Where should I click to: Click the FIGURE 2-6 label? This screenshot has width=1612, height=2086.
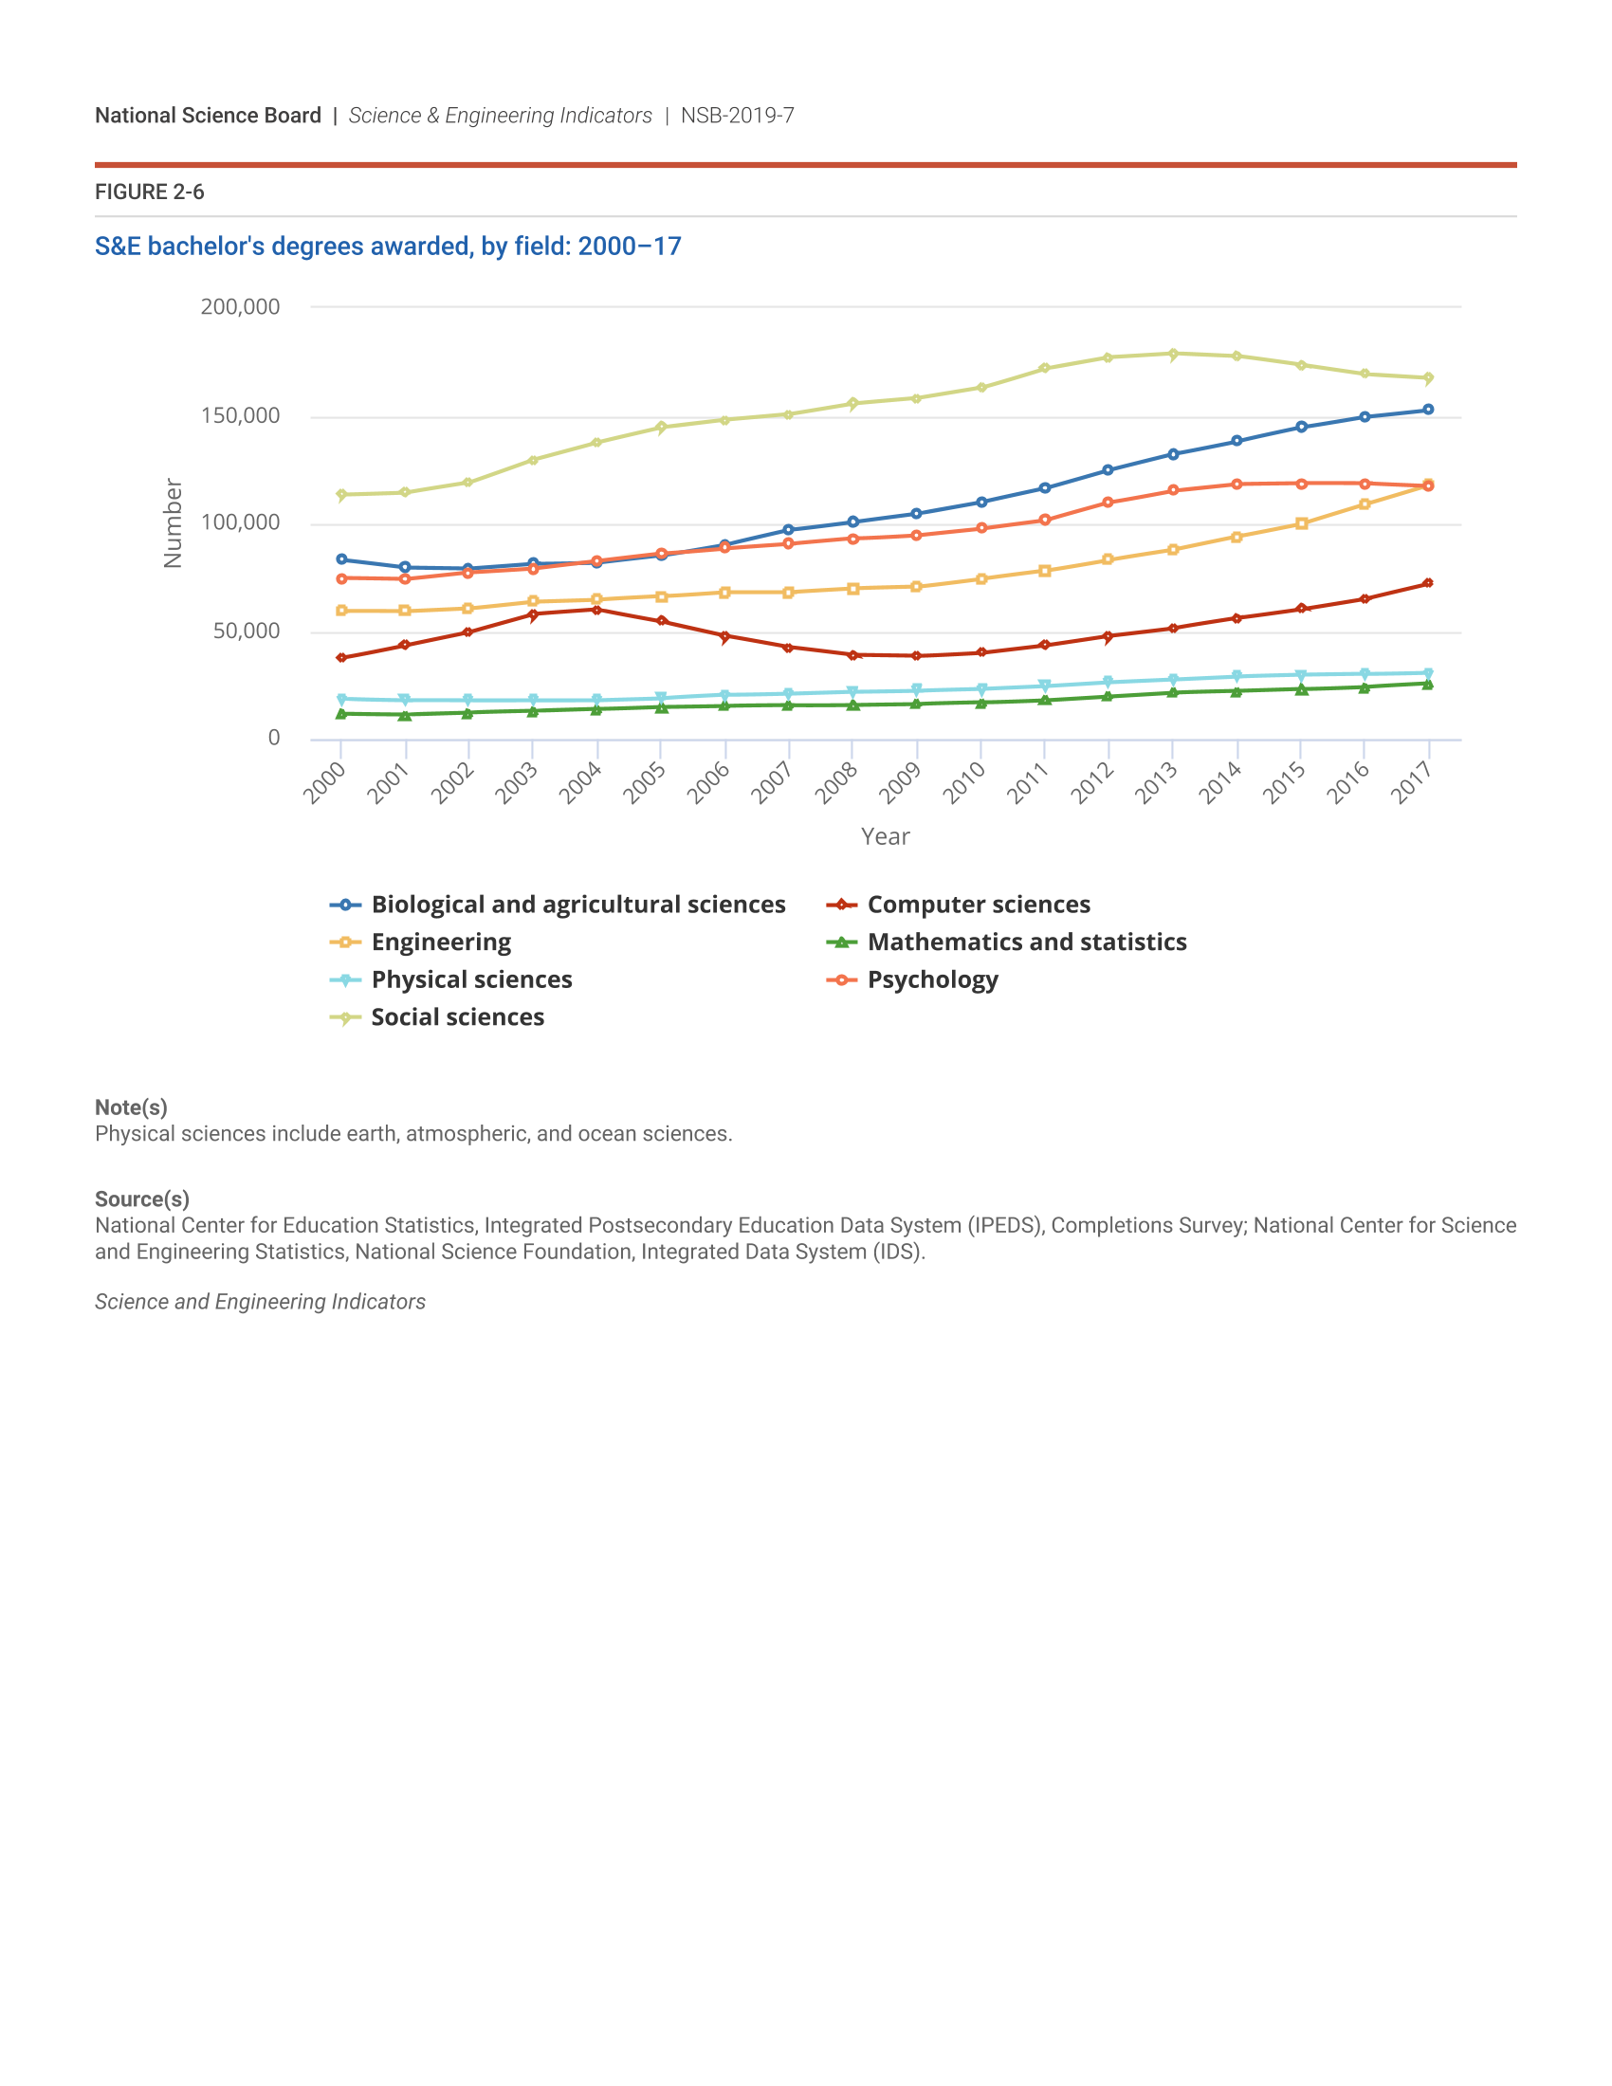tap(149, 192)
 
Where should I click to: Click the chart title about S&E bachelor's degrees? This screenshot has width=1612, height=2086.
tap(388, 247)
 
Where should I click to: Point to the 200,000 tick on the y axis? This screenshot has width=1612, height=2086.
tap(240, 307)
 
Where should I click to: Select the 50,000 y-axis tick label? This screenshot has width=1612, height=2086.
tap(246, 631)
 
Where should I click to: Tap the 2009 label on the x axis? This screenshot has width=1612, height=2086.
tap(899, 783)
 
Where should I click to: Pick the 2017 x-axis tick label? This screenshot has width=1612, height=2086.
tap(1411, 783)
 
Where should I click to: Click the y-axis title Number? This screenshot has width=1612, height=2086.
tap(173, 523)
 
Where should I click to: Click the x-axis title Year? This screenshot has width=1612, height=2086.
tap(886, 836)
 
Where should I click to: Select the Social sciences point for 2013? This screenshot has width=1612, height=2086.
tap(1173, 355)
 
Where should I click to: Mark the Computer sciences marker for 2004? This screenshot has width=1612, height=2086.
tap(596, 610)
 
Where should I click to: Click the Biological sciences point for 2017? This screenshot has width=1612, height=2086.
tap(1428, 410)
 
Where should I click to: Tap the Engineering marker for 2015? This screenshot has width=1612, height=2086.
tap(1301, 523)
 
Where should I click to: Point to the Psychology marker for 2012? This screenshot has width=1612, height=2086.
tap(1108, 503)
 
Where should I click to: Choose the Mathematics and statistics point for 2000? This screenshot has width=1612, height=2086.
tap(341, 713)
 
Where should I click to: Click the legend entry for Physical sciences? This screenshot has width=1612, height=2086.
tap(472, 980)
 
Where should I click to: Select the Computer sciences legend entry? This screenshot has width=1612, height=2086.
tap(978, 905)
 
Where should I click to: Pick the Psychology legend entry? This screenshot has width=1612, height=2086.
tap(932, 980)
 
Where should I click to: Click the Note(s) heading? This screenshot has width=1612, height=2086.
tap(131, 1107)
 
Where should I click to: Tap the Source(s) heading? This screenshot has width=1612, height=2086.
tap(141, 1199)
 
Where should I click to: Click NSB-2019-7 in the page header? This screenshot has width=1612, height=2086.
tap(737, 116)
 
